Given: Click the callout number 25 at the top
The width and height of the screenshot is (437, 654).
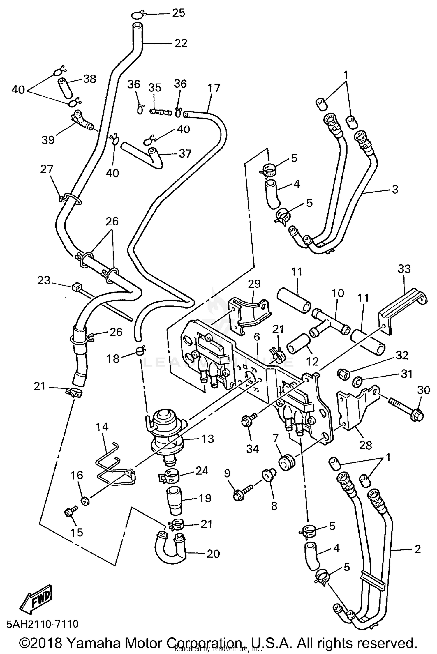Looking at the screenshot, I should pos(179,13).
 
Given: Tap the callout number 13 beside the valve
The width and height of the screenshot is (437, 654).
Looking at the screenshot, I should pos(208,439).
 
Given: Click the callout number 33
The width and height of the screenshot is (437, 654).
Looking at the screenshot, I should pos(404,268).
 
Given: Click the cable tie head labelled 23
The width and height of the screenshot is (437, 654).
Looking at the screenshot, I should pos(75,287).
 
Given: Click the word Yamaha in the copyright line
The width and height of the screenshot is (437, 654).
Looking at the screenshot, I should pos(96,642).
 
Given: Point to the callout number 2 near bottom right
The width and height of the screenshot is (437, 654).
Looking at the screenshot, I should pos(417,549).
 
